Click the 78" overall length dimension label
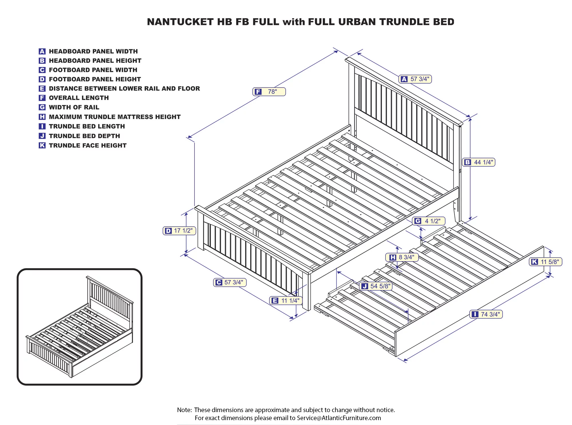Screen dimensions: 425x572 269,92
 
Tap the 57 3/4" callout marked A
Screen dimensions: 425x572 415,79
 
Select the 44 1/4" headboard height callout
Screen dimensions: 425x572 479,162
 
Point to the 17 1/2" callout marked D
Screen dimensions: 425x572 179,231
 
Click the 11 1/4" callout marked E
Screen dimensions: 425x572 286,301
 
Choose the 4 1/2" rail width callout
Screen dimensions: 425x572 428,221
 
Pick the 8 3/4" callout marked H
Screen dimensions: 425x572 402,257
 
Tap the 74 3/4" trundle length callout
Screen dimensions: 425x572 486,314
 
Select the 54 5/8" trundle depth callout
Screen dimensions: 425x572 376,286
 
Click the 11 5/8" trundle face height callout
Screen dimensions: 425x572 545,262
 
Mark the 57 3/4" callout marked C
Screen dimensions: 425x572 230,282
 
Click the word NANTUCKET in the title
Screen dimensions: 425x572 180,22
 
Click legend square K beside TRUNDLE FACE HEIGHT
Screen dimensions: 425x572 42,145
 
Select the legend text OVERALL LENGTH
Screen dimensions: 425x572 79,98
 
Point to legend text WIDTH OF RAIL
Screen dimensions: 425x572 74,107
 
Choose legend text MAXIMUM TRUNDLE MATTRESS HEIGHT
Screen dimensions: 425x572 115,117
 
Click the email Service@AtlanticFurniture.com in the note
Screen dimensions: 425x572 339,418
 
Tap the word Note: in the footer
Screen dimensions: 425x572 184,410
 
